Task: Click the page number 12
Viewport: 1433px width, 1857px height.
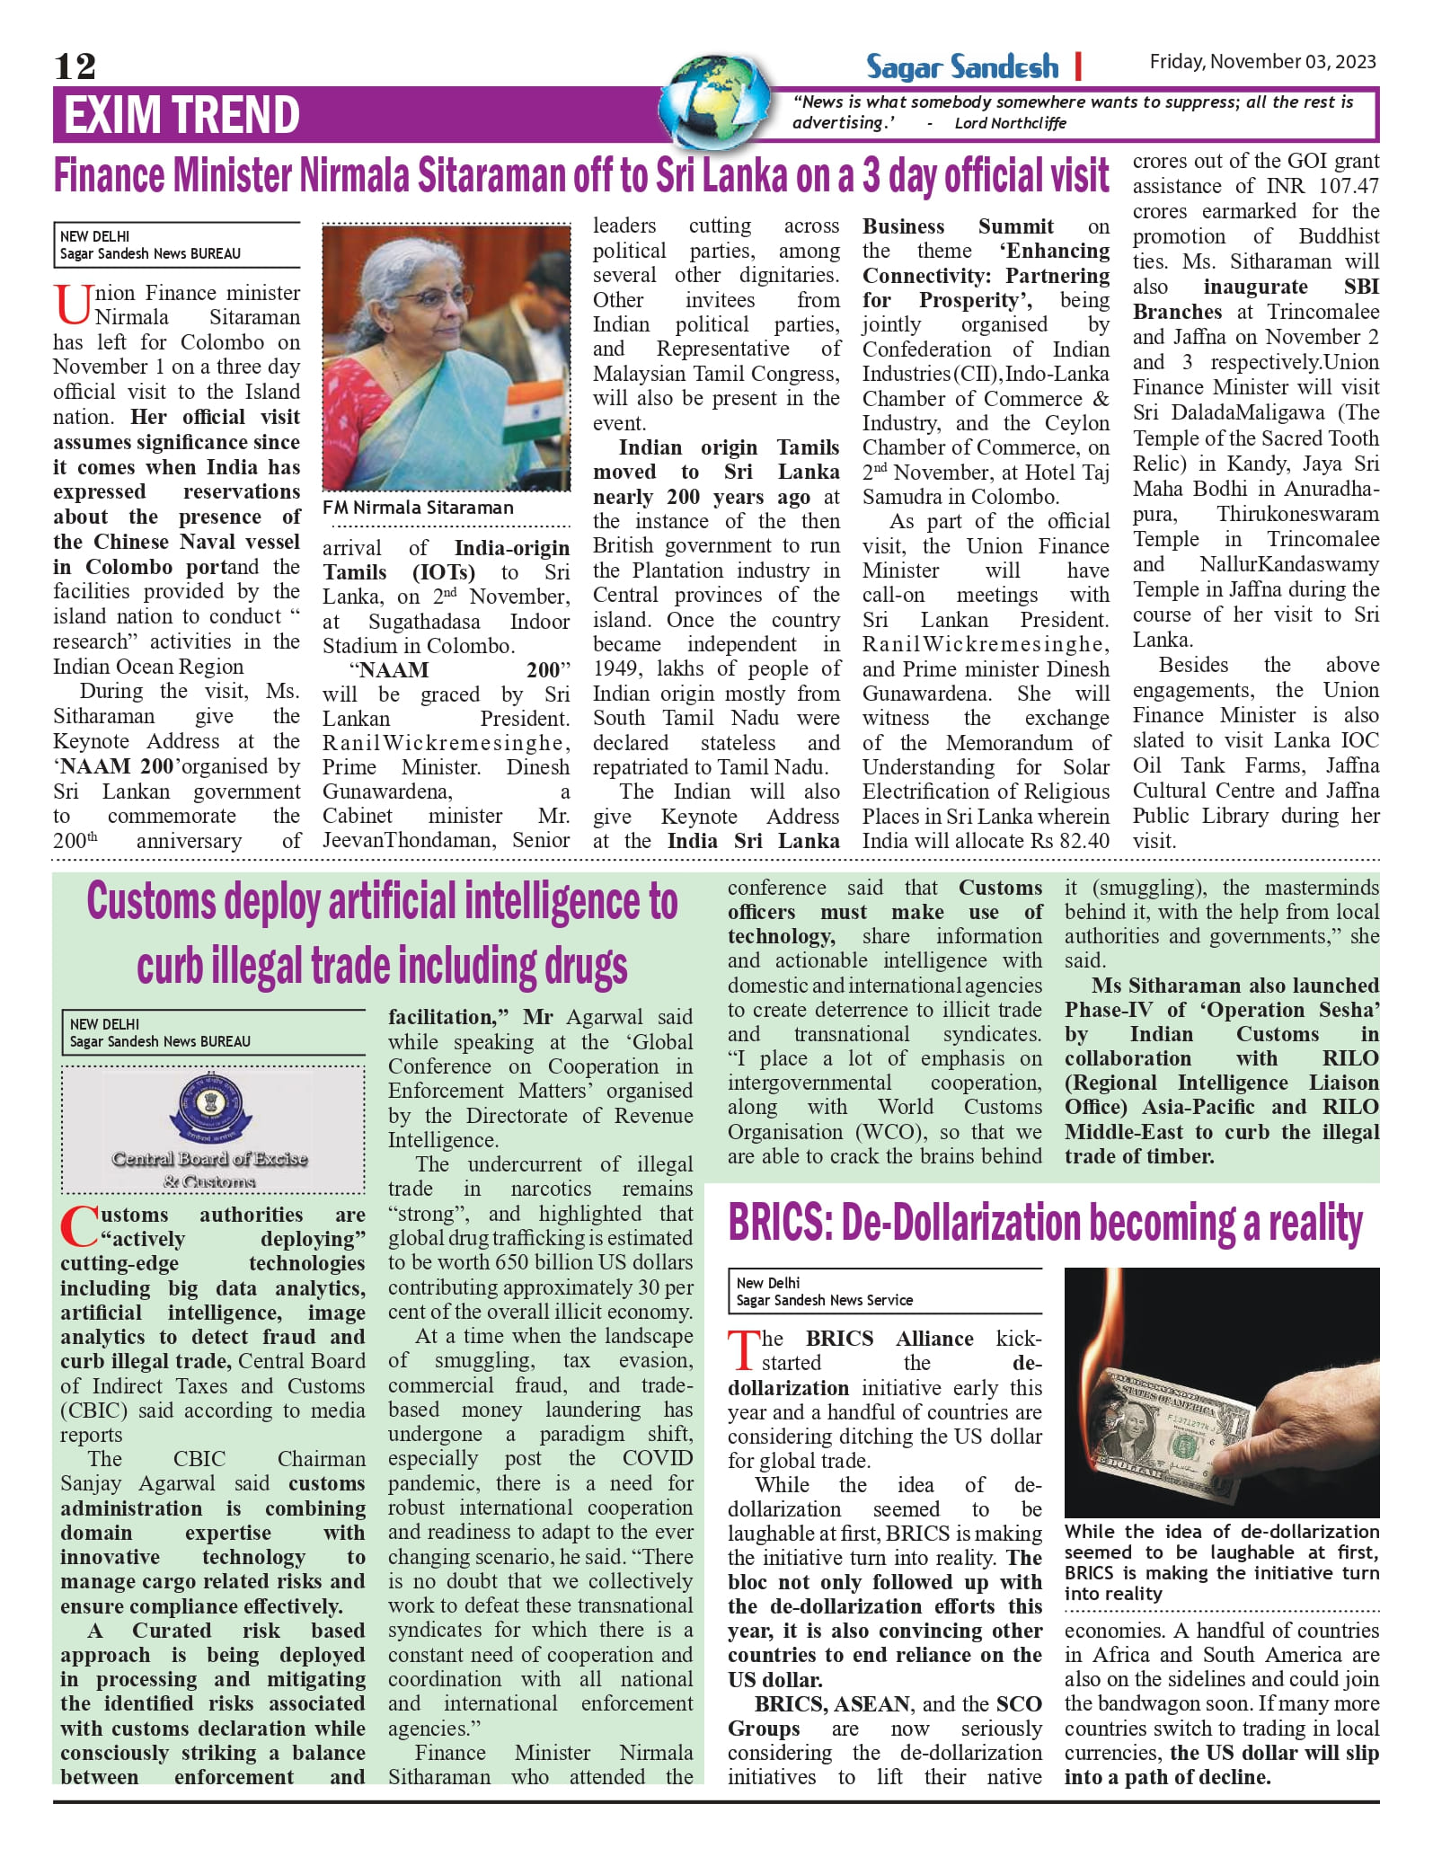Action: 75,66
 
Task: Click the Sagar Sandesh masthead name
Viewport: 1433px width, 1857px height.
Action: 962,66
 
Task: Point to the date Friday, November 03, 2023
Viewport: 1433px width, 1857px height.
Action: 1262,61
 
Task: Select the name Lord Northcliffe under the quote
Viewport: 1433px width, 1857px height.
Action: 1010,123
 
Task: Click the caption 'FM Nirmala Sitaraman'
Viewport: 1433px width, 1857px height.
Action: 418,508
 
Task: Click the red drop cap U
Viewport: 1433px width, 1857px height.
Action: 72,305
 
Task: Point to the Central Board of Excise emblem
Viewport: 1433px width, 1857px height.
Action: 210,1110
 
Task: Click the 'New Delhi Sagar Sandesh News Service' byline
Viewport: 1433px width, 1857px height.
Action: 824,1292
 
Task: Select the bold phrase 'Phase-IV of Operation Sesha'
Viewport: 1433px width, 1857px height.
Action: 1222,1010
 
